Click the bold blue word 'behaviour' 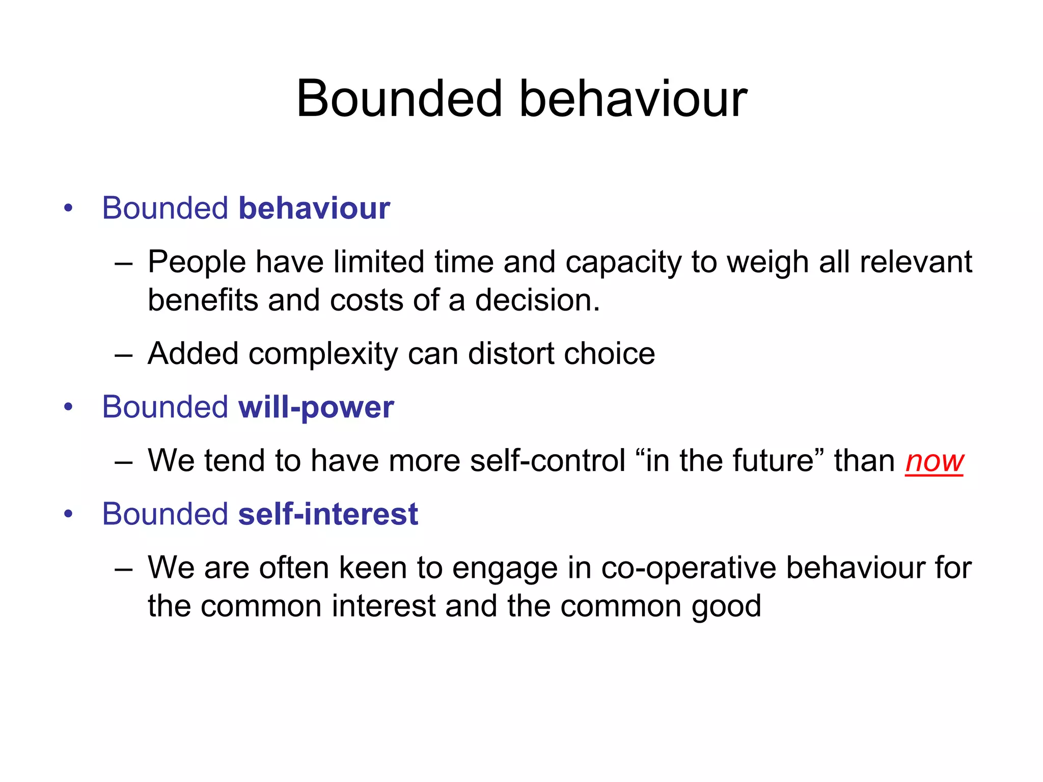314,208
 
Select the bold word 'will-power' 316,407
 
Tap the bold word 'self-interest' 328,514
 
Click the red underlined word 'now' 934,461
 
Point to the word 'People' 197,263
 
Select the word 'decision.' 538,300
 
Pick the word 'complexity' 323,354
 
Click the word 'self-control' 547,461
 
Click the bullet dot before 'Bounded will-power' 68,407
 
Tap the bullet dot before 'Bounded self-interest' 68,514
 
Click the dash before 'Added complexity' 124,355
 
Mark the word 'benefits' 203,300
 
